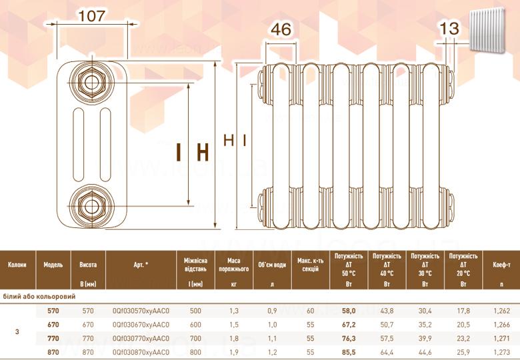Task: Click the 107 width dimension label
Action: [x=92, y=15]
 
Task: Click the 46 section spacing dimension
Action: [x=281, y=29]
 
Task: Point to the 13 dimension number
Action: [x=449, y=29]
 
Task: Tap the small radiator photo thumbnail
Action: [x=487, y=30]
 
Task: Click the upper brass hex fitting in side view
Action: [x=91, y=83]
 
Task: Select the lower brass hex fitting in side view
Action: [x=91, y=206]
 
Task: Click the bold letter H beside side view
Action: [x=203, y=152]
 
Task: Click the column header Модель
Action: [x=53, y=265]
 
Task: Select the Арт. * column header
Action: [x=141, y=265]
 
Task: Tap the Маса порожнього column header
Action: [x=234, y=265]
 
